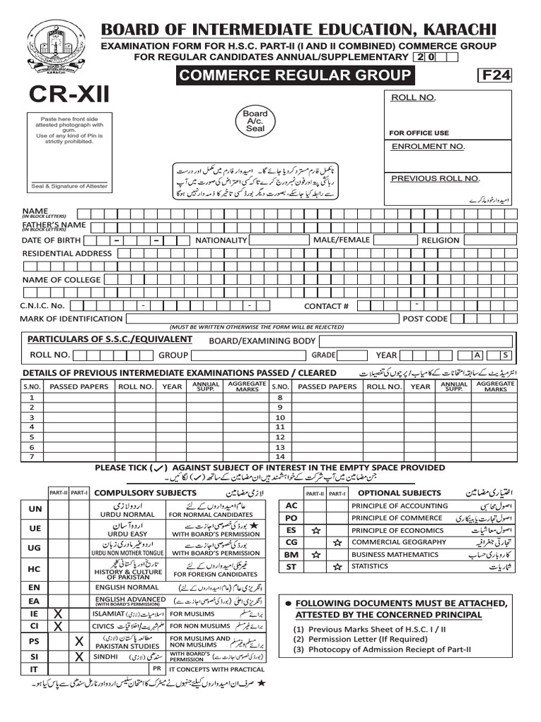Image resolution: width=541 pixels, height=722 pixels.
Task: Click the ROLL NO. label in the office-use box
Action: coord(413,97)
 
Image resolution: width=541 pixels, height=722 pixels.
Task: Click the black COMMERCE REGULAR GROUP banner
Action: coord(295,75)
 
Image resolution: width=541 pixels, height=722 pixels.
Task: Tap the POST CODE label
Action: coord(425,319)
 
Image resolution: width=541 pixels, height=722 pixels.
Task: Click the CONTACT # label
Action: coord(326,306)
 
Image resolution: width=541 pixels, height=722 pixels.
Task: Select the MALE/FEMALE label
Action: coord(342,240)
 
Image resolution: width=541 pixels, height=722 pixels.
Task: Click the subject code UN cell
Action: coord(35,509)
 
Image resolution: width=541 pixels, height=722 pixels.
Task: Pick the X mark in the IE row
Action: coord(58,615)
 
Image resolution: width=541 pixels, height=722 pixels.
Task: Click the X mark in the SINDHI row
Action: coord(80,656)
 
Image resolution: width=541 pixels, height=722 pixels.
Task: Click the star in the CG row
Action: coord(338,542)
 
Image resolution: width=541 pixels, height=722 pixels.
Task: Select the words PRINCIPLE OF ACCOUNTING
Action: coord(399,506)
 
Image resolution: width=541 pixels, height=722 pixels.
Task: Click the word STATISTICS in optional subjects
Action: coord(370,566)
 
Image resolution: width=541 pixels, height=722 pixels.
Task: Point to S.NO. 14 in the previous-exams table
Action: coord(280,457)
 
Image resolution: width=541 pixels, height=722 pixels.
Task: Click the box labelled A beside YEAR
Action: coord(478,355)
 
